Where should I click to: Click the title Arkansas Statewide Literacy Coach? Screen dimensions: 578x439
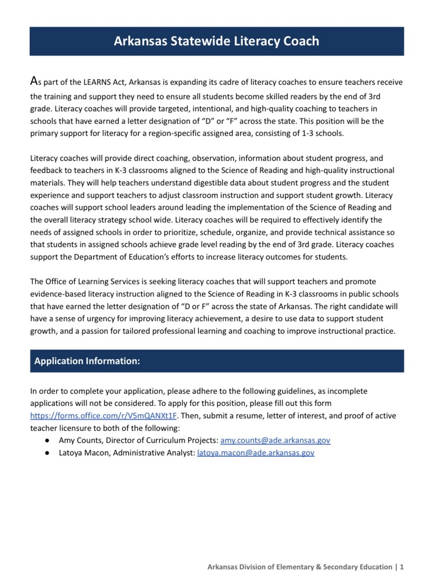pyautogui.click(x=217, y=42)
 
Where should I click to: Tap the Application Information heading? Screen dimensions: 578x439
pyautogui.click(x=87, y=361)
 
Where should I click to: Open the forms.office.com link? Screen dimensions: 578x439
pyautogui.click(x=103, y=416)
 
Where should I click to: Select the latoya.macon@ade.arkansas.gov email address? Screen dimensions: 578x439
pyautogui.click(x=255, y=453)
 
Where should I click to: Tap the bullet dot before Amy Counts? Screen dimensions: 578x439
pyautogui.click(x=46, y=440)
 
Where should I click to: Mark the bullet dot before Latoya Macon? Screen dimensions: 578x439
pyautogui.click(x=46, y=453)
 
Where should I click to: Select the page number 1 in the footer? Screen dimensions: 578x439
pyautogui.click(x=402, y=567)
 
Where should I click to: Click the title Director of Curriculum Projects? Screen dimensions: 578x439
pyautogui.click(x=166, y=440)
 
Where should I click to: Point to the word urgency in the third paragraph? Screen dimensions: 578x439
pyautogui.click(x=111, y=318)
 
